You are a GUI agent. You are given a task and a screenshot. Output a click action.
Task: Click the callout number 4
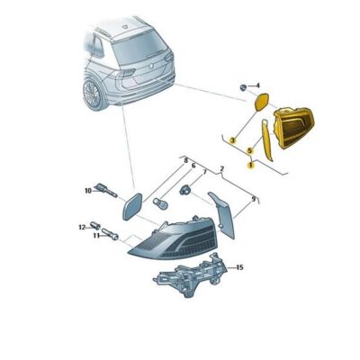click(x=257, y=86)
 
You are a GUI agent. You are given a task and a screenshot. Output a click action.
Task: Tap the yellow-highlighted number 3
click(x=232, y=139)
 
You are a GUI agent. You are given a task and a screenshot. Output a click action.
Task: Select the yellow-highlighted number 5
click(x=248, y=150)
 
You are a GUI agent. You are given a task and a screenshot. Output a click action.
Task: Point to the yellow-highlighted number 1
click(x=250, y=165)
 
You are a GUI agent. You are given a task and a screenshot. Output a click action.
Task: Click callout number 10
click(x=88, y=191)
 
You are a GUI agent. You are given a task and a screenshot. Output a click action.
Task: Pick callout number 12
click(x=82, y=228)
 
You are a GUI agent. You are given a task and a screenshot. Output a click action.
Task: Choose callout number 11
click(x=96, y=236)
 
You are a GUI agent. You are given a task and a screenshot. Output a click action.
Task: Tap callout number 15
click(x=239, y=267)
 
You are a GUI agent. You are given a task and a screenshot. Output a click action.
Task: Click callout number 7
click(x=205, y=172)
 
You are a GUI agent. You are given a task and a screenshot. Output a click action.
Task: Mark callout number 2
click(x=222, y=168)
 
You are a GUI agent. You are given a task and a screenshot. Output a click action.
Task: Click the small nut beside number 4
click(x=243, y=87)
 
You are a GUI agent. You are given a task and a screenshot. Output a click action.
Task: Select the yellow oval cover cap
click(x=261, y=102)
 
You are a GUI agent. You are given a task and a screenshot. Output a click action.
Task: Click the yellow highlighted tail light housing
click(x=293, y=128)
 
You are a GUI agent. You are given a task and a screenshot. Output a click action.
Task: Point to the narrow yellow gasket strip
click(x=266, y=140)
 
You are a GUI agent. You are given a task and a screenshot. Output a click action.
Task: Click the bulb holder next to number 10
click(x=105, y=191)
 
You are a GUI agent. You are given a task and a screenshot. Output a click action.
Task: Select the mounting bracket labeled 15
click(x=191, y=275)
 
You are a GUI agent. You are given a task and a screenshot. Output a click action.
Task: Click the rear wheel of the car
click(x=92, y=94)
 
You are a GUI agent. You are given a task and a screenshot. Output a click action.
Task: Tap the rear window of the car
click(x=139, y=50)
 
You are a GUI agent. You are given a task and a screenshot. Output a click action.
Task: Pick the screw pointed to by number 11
click(x=110, y=234)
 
